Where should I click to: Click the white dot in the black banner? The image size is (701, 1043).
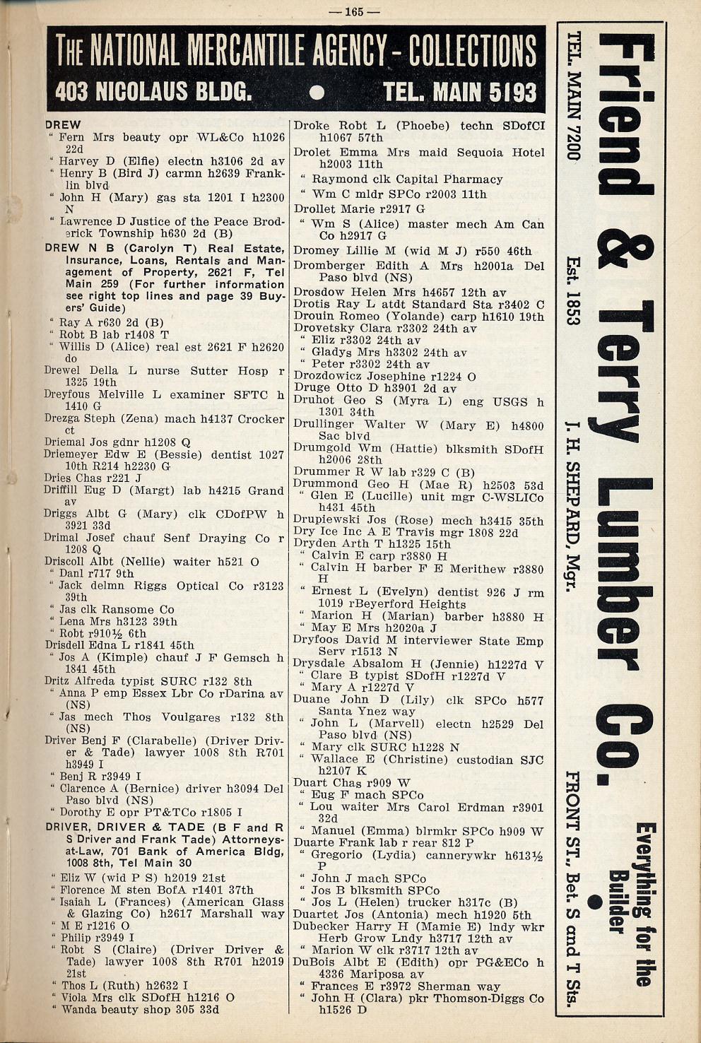(x=317, y=93)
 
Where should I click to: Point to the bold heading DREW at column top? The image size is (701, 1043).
(x=63, y=125)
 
